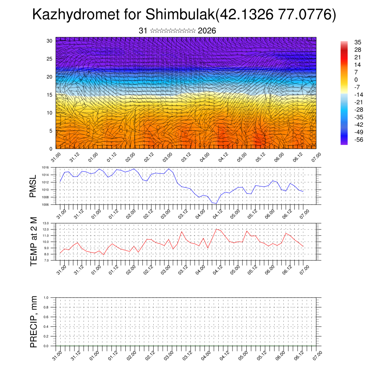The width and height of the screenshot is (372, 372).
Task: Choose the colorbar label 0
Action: (x=356, y=80)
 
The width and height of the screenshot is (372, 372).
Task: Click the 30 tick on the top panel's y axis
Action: (x=50, y=41)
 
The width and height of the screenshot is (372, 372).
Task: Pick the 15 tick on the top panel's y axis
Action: (x=50, y=95)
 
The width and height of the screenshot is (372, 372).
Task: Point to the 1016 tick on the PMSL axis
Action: (x=45, y=167)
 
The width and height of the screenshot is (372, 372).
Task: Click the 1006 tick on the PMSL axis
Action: (x=45, y=205)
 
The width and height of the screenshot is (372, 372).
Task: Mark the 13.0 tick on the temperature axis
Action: (x=46, y=223)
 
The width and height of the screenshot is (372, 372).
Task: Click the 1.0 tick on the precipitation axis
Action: (x=46, y=298)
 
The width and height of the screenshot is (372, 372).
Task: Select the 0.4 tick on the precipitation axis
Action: (x=46, y=327)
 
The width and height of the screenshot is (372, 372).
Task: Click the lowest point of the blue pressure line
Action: (x=217, y=203)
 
